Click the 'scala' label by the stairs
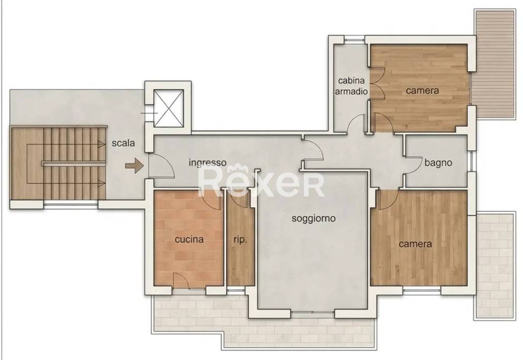(123, 143)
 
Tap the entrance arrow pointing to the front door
(134, 165)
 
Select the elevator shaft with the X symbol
(169, 108)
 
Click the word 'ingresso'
(207, 163)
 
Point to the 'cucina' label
(189, 239)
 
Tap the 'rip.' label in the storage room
(240, 239)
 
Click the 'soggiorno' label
(314, 219)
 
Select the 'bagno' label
(438, 163)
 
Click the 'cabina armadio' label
(351, 86)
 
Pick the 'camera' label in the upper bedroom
(422, 90)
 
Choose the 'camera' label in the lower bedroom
(415, 244)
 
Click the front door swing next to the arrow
(161, 165)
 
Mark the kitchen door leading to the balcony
(181, 281)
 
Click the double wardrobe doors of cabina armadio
(377, 84)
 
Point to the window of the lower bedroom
(422, 291)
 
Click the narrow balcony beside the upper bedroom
(495, 64)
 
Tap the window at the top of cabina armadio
(354, 40)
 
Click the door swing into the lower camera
(387, 200)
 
